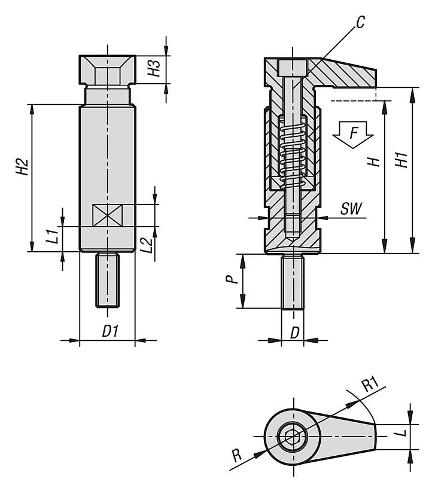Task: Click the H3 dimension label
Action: point(154,69)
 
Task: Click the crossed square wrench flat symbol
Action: point(107,214)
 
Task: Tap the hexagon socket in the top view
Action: point(293,438)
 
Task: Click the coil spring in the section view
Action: point(293,153)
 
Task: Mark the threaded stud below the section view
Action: point(293,280)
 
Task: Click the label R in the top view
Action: point(239,461)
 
